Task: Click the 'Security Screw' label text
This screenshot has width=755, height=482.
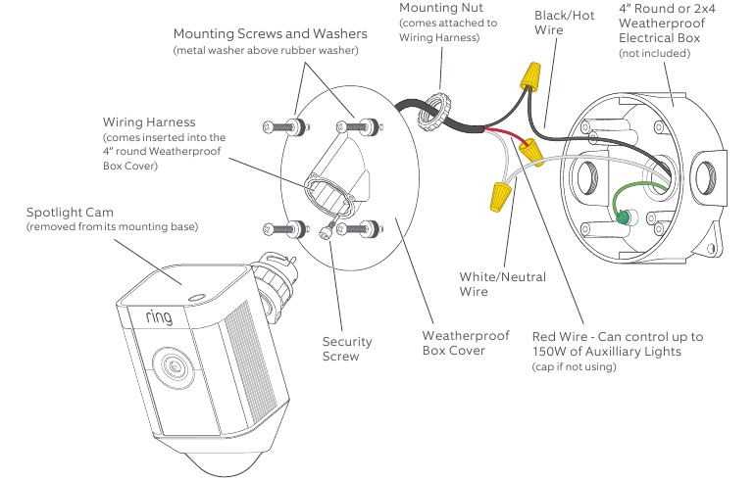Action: point(347,349)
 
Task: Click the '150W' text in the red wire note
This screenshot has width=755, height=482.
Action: point(550,352)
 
